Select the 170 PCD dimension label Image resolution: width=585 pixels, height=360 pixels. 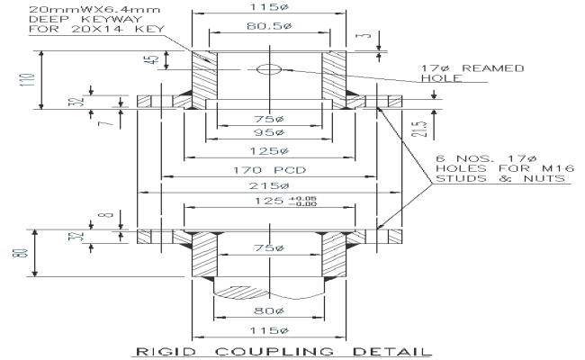click(x=267, y=169)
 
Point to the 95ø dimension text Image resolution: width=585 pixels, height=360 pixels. click(x=267, y=133)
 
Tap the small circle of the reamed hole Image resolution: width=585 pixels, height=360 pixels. click(x=266, y=68)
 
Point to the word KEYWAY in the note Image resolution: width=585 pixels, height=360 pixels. click(x=96, y=18)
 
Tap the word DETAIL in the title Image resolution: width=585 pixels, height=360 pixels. click(x=369, y=350)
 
